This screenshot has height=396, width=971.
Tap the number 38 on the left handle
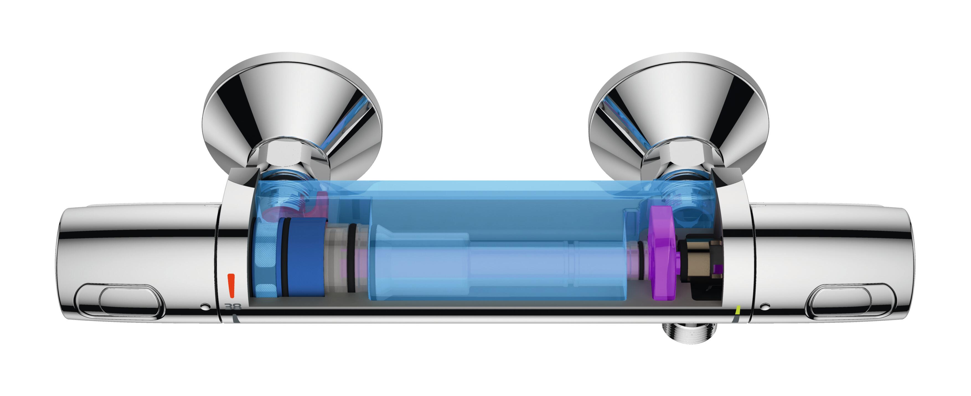[233, 307]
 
